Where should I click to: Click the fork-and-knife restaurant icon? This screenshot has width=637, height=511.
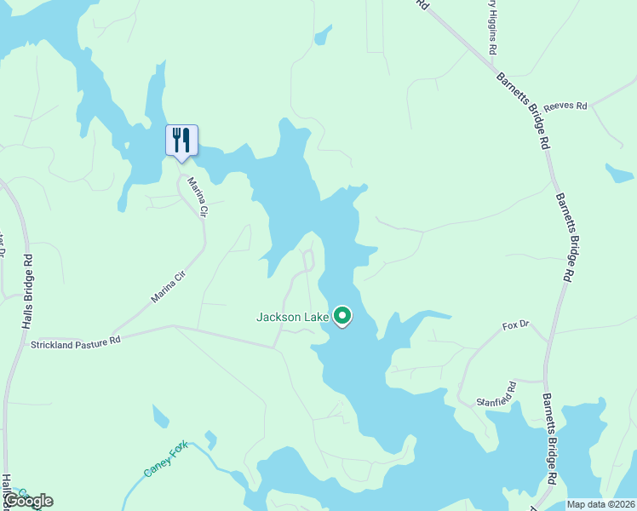pos(181,141)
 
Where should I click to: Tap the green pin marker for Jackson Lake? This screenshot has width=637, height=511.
pos(342,316)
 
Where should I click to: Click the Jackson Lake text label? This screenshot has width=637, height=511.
pos(293,318)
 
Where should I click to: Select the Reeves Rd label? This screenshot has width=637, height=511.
pos(566,106)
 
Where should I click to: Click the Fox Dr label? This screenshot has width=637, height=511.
pos(516,326)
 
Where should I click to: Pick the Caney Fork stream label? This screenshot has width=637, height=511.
pos(165,459)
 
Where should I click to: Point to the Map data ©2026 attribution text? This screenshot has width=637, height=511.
pos(600,504)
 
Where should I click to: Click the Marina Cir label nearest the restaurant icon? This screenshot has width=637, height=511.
pos(198,196)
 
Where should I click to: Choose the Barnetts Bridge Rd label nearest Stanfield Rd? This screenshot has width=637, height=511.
pos(552,439)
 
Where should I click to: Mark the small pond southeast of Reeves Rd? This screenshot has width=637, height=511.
pos(619,173)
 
